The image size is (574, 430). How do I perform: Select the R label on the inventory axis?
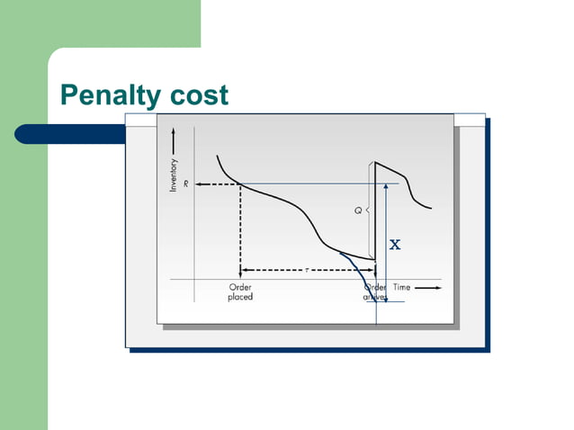coord(185,184)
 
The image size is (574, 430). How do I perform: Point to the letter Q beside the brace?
coord(356,210)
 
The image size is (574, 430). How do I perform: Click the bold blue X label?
coord(394,245)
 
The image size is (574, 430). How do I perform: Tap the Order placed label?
coord(240,291)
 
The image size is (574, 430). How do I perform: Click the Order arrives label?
coord(374,291)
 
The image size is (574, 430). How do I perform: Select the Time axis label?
coord(401,287)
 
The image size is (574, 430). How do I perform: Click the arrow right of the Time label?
coord(428,287)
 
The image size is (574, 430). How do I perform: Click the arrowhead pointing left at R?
coord(199,184)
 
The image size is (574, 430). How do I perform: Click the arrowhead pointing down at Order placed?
coord(240,273)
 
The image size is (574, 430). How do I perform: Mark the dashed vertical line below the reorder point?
coord(240,229)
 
